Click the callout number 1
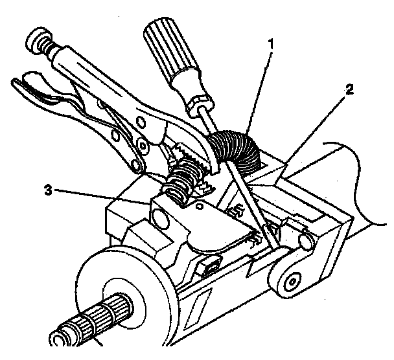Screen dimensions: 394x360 coord(270,43)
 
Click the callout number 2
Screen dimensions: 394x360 coord(350,89)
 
